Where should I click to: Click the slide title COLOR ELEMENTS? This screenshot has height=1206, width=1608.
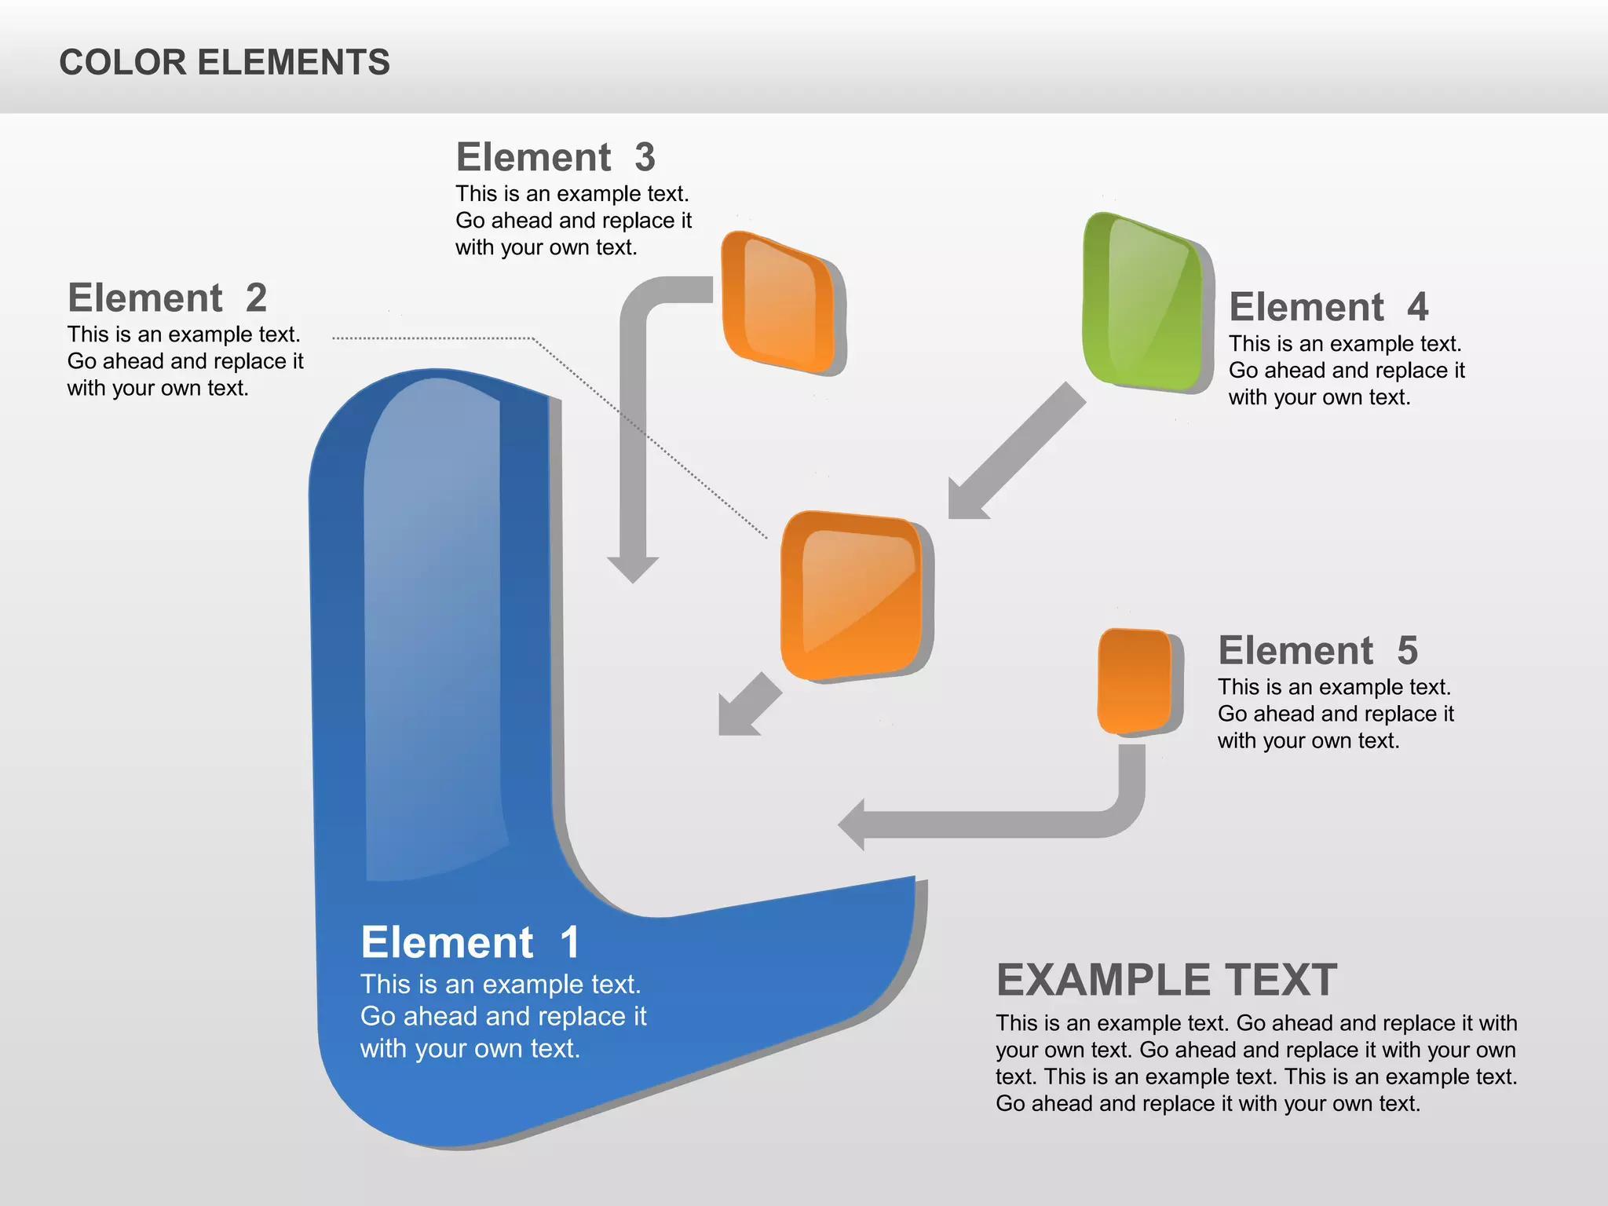224,62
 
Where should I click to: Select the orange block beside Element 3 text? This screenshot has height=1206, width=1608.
779,302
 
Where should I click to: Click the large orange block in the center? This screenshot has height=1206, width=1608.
853,595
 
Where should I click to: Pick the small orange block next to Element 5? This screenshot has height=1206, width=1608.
1135,681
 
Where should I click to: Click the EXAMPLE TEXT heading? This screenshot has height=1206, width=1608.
1167,980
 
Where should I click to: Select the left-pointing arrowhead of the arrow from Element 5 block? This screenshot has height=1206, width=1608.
854,824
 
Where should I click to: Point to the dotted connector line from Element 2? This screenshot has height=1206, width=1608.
432,338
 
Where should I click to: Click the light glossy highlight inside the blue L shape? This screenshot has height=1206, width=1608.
432,628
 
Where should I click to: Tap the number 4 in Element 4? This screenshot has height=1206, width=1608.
1417,307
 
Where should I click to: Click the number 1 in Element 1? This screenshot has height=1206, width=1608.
570,942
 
